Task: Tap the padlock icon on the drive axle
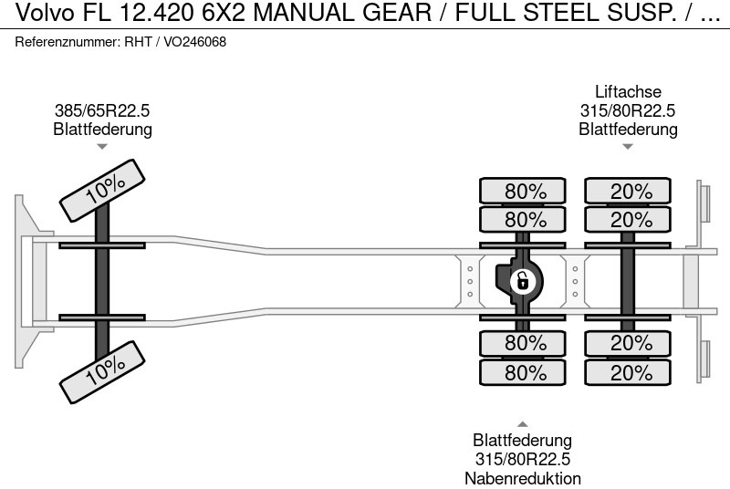(522, 280)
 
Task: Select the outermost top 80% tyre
(525, 192)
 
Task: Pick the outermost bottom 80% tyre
(525, 372)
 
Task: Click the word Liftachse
(628, 92)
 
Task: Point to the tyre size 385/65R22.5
(101, 110)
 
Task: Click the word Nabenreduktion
(523, 478)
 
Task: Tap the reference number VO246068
(195, 42)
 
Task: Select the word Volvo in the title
(30, 14)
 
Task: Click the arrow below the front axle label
(102, 147)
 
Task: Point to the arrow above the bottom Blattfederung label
(523, 423)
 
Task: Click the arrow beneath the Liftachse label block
(628, 147)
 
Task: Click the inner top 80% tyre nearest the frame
(525, 219)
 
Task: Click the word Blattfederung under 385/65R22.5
(101, 129)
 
